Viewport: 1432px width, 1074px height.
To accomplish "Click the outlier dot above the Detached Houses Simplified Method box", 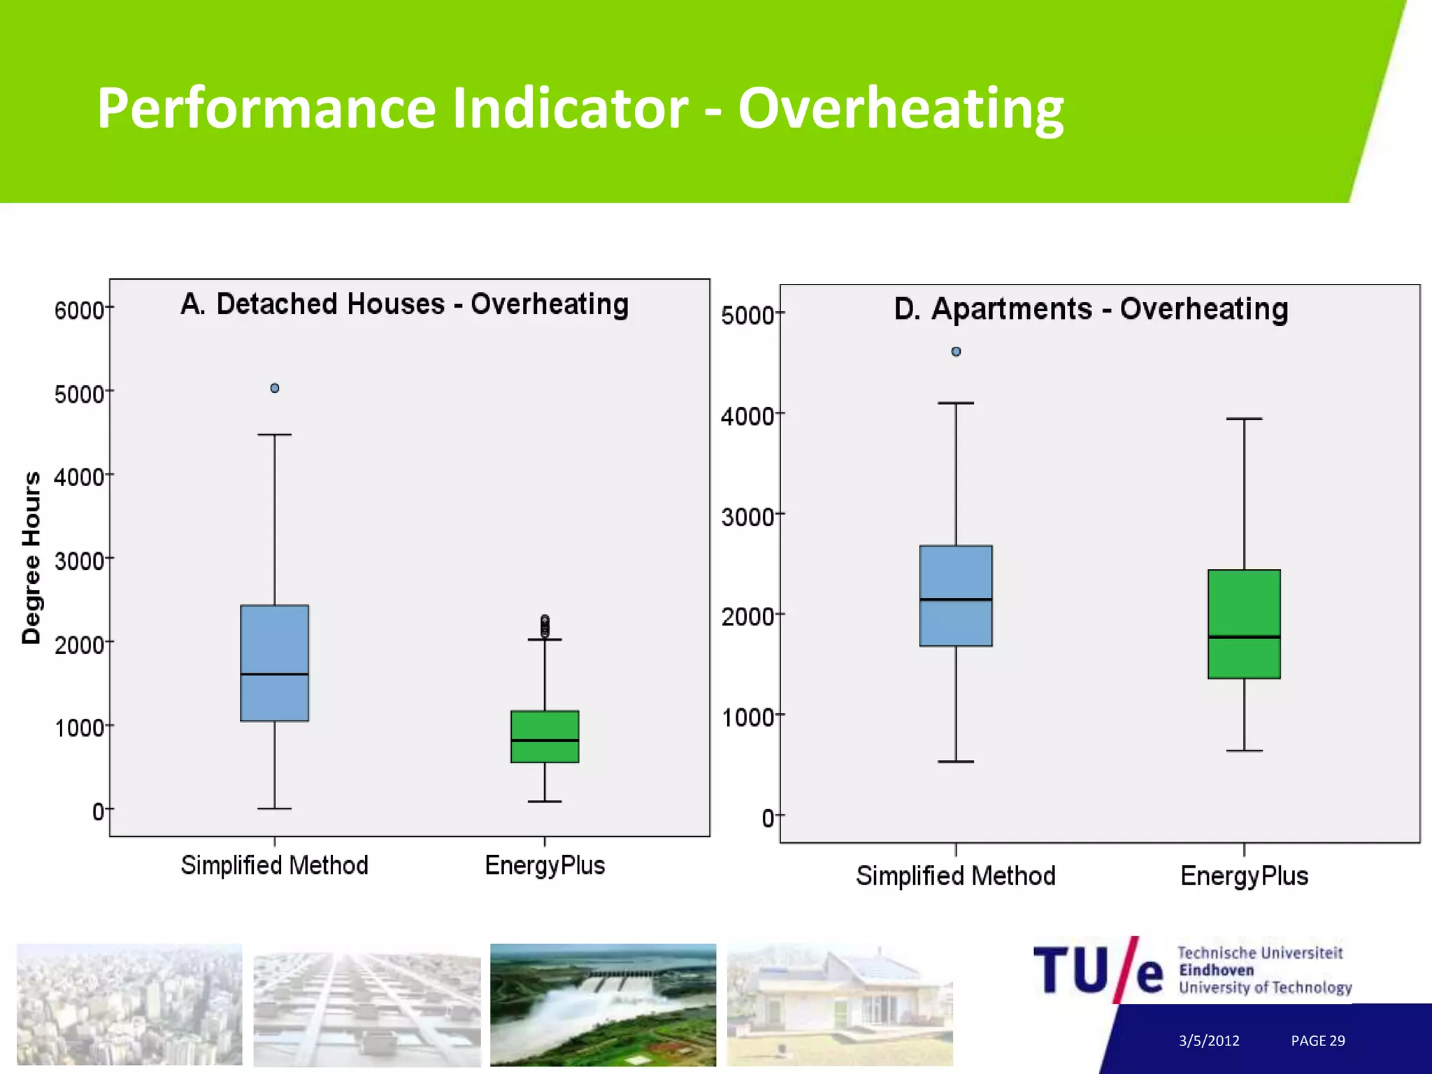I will pyautogui.click(x=275, y=388).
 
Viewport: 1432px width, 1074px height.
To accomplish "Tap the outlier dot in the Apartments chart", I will pyautogui.click(x=956, y=352).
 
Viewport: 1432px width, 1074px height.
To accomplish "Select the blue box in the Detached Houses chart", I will pyautogui.click(x=275, y=663).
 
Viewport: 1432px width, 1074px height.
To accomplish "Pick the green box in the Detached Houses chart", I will pyautogui.click(x=545, y=736).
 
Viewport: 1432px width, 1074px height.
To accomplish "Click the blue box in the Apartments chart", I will pyautogui.click(x=956, y=596).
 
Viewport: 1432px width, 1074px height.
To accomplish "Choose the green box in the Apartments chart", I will pyautogui.click(x=1244, y=624).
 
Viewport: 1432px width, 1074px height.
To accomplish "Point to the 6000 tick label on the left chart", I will pyautogui.click(x=79, y=310).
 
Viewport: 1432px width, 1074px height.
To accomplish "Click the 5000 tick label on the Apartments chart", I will pyautogui.click(x=747, y=315).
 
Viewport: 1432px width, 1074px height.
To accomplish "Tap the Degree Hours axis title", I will pyautogui.click(x=31, y=557).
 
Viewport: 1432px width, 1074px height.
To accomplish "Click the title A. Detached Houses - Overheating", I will pyautogui.click(x=405, y=304).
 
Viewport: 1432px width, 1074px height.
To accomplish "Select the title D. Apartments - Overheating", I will pyautogui.click(x=1091, y=309).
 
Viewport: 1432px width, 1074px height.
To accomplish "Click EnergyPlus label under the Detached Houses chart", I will pyautogui.click(x=545, y=866).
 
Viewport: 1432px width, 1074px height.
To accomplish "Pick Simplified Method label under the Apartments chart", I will pyautogui.click(x=956, y=876).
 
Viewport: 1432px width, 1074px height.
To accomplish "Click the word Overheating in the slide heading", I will pyautogui.click(x=901, y=108).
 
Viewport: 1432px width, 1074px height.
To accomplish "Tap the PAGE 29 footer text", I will pyautogui.click(x=1318, y=1040).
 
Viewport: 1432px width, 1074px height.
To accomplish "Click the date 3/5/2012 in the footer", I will pyautogui.click(x=1209, y=1040).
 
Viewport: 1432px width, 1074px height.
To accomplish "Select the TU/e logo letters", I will pyautogui.click(x=1098, y=971).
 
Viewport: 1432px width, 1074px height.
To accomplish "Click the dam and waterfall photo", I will pyautogui.click(x=603, y=1005).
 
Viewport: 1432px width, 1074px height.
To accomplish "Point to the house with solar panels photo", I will pyautogui.click(x=840, y=1005).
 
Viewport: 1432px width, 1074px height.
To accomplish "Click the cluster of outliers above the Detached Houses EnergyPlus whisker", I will pyautogui.click(x=545, y=626).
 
